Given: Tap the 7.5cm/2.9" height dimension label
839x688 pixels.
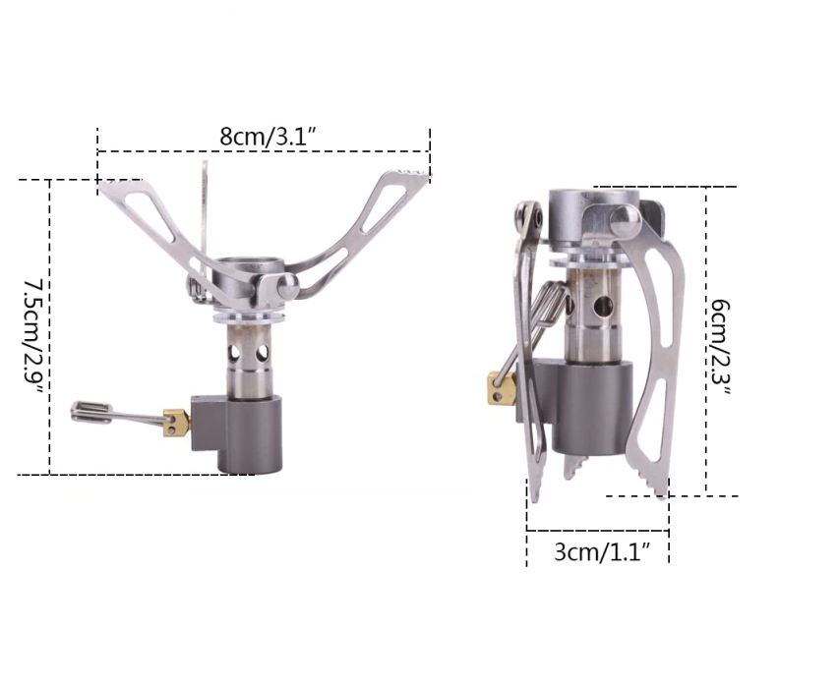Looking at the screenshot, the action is [x=34, y=336].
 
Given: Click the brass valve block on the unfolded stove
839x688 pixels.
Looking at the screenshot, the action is [x=176, y=423].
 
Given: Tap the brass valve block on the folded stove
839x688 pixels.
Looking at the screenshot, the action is [x=501, y=388].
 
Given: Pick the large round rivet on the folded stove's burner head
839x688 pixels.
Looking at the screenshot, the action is [x=625, y=220].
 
